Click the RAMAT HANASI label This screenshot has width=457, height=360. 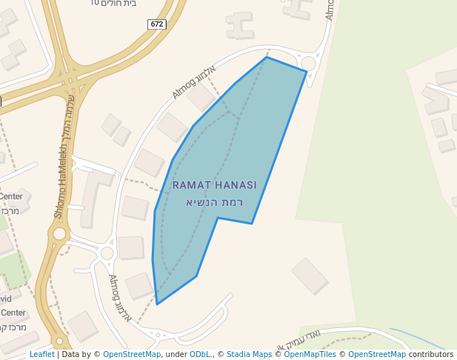click(214, 185)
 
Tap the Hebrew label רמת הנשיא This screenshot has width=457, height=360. click(214, 201)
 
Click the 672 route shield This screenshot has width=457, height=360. click(156, 24)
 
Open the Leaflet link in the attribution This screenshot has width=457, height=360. click(41, 354)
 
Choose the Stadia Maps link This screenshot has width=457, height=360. click(249, 354)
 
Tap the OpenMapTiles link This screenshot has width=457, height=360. click(310, 354)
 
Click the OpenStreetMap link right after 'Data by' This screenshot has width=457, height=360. click(132, 354)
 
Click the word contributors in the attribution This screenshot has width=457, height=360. click(431, 354)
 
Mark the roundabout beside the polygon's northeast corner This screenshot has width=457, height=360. click(308, 64)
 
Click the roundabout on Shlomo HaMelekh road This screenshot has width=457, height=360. click(59, 234)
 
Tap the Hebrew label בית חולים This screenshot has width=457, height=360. click(119, 3)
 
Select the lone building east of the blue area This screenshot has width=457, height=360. click(310, 276)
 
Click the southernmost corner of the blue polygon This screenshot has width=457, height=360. click(157, 304)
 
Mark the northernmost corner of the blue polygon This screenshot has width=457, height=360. click(267, 57)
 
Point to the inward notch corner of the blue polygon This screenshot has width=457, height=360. click(218, 218)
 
